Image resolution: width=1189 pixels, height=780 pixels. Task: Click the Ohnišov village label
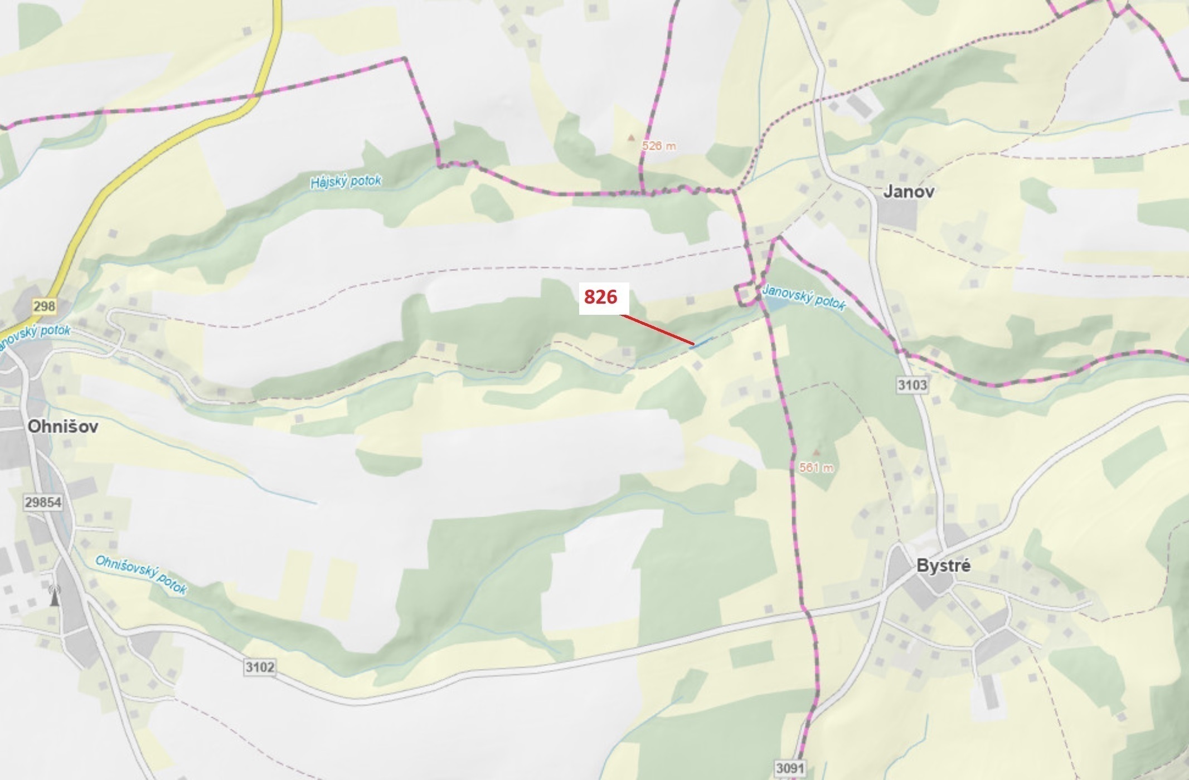[62, 427]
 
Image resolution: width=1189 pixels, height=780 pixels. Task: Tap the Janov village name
[909, 192]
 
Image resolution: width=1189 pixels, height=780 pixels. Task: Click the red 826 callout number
[600, 297]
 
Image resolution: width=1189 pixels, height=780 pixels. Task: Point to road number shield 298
[44, 306]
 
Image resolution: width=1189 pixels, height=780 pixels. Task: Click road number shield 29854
[43, 502]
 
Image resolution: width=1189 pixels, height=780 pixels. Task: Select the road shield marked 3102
[259, 667]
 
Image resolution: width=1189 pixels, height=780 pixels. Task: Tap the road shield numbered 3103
[912, 384]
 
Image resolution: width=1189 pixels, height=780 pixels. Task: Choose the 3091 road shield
[790, 769]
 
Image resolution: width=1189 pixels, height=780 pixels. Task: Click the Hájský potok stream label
[346, 182]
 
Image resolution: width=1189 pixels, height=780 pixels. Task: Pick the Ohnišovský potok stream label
[141, 574]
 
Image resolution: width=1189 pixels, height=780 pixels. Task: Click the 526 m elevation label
[658, 146]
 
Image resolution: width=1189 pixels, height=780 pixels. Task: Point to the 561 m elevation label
[816, 468]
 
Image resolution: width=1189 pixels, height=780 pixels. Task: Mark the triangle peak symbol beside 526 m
[631, 136]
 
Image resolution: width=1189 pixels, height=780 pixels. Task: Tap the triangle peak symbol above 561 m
[817, 452]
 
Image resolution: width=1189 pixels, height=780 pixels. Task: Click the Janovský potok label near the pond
[803, 297]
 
